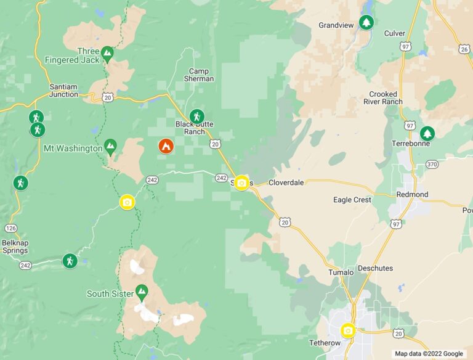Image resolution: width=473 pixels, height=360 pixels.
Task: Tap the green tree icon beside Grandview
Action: pos(367,23)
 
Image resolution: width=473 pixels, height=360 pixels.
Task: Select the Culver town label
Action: pos(395,33)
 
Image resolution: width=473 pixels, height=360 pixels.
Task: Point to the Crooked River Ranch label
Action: pos(383,98)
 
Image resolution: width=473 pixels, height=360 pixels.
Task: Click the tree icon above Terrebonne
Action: pos(427,133)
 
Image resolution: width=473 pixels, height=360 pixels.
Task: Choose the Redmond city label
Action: pos(413,194)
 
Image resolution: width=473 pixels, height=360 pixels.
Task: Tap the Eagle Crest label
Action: pos(352,200)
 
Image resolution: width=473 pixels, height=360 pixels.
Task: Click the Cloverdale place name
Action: pos(286,183)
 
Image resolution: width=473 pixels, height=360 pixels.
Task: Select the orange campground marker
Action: pos(166,146)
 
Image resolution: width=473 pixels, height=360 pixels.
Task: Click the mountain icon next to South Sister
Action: pos(142,290)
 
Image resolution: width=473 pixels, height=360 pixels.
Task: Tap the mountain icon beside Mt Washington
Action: pos(110,146)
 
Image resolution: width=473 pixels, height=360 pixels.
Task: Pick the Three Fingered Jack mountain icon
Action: pos(107,54)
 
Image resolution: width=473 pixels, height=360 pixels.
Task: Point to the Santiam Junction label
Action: pos(64,91)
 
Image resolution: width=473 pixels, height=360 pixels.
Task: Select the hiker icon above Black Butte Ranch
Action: pos(196,115)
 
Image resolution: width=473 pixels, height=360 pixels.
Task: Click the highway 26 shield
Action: pos(464,48)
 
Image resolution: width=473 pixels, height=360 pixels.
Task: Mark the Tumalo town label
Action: pos(341,272)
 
